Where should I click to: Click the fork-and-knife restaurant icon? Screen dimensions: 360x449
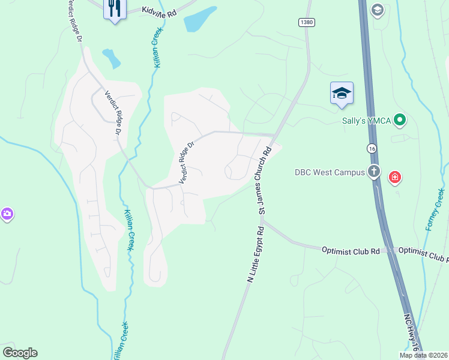pos(114,8)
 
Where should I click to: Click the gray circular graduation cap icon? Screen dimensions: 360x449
pos(377,10)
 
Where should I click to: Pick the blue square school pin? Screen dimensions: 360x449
pos(342,93)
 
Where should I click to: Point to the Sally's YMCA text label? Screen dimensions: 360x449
pos(366,121)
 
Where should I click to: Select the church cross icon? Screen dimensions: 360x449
pos(374,172)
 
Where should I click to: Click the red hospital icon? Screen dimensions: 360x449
pos(395,177)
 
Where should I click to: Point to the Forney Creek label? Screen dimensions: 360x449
pos(435,209)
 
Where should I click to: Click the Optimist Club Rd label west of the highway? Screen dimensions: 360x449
pos(351,250)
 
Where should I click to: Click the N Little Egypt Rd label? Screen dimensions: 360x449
pos(255,254)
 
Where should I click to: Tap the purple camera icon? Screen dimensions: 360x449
pos(7,214)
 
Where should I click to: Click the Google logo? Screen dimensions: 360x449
pos(20,353)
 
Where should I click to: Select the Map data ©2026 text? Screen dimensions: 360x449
pos(423,355)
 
